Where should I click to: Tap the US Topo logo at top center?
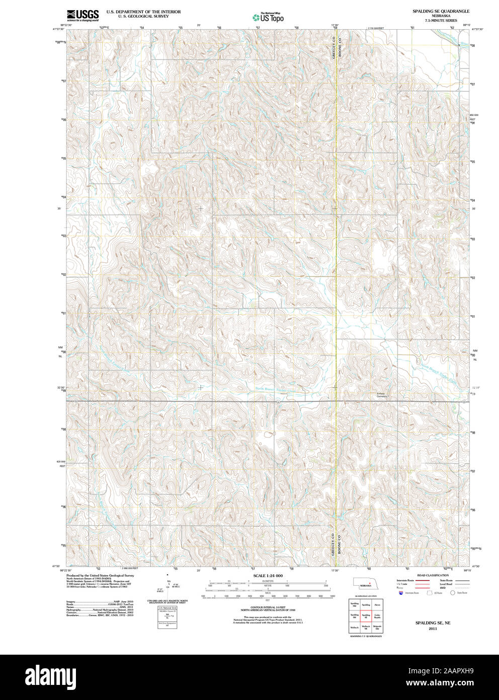(x=268, y=17)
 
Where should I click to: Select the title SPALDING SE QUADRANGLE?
(x=441, y=11)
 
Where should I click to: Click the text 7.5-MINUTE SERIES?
(x=441, y=20)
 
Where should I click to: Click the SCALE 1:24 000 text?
(x=268, y=576)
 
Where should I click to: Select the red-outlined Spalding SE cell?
(x=366, y=615)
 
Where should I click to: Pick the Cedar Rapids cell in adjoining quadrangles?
(x=377, y=615)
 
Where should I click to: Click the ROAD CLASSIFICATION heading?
(x=433, y=575)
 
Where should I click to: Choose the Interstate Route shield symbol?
(x=401, y=593)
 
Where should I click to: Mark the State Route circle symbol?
(x=452, y=593)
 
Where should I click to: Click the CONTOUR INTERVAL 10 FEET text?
(x=268, y=607)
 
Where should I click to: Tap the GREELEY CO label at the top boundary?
(x=334, y=48)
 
